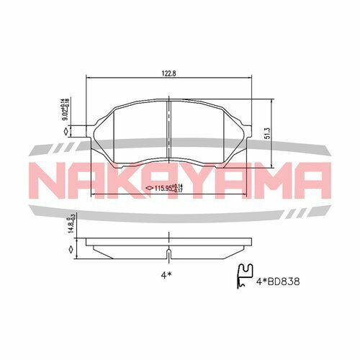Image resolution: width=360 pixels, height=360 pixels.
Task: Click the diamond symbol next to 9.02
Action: click(66, 132)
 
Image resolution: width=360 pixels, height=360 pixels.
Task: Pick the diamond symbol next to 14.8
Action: click(70, 249)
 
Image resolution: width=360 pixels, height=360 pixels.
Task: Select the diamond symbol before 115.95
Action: click(148, 189)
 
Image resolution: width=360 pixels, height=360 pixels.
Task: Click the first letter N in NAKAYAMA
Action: click(51, 180)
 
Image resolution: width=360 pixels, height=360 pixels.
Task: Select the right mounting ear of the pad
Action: click(248, 130)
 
